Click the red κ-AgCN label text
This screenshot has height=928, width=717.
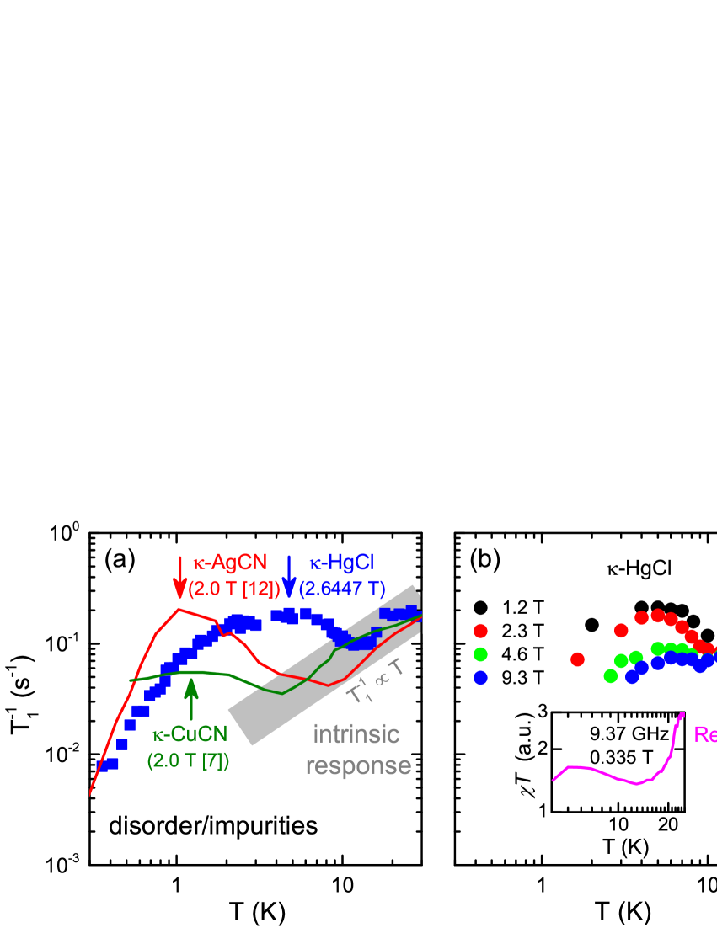pos(230,563)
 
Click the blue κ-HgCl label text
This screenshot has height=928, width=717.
pos(341,563)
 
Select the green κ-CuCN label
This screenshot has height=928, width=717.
pos(190,735)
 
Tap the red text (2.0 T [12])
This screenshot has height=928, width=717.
pos(234,589)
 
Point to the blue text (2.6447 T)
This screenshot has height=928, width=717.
pos(342,589)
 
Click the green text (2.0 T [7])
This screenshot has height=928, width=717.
pos(188,760)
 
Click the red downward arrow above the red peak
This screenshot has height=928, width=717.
pos(179,578)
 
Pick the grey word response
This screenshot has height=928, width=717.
pos(358,765)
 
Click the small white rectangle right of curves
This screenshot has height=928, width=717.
pos(432,612)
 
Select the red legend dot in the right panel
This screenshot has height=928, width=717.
pos(480,631)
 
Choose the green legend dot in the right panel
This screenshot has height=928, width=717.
pos(480,653)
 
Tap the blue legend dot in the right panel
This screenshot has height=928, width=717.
pos(480,677)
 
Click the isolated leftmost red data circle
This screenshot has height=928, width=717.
pos(577,659)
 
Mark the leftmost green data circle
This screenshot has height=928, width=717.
pos(611,675)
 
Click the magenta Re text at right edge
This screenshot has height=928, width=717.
pos(704,734)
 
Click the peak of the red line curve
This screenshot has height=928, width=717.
pos(179,609)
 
